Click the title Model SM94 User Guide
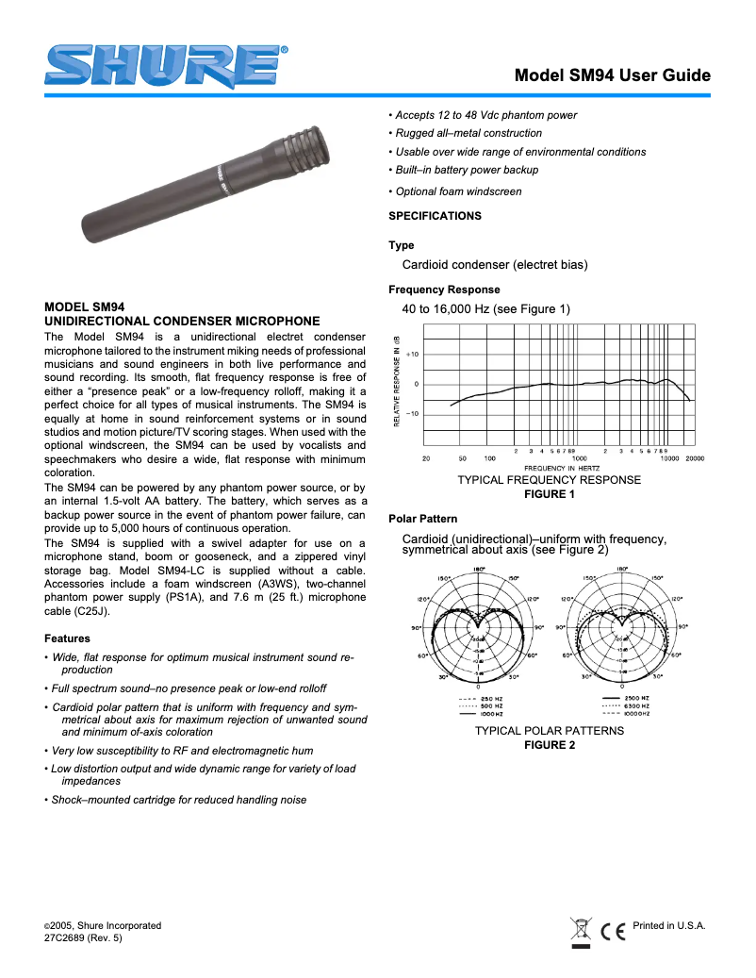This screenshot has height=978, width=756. (x=612, y=76)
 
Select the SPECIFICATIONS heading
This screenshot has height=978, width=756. (x=435, y=216)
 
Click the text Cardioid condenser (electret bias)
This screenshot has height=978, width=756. (x=494, y=265)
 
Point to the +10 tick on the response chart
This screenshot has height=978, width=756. (x=413, y=354)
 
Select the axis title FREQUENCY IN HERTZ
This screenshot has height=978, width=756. (x=564, y=468)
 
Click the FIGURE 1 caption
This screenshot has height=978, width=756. (x=549, y=494)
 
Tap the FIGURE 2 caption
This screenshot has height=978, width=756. (x=549, y=745)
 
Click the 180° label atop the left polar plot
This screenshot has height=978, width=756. (x=478, y=569)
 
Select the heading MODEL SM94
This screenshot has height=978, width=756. (x=85, y=307)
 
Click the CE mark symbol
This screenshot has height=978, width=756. (x=614, y=931)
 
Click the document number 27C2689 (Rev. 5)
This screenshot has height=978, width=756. (x=83, y=938)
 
